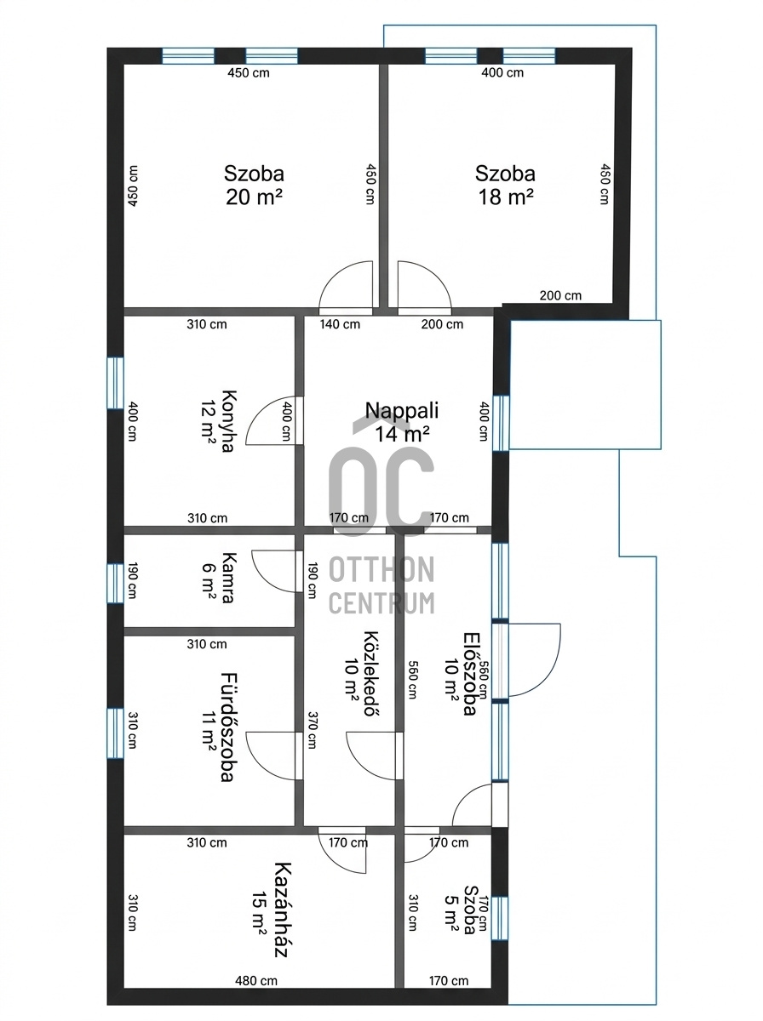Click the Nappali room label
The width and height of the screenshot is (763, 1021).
click(x=402, y=410)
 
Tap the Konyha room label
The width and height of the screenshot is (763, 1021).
click(x=228, y=421)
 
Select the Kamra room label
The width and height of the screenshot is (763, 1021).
click(x=228, y=578)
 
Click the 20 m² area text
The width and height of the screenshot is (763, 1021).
click(x=254, y=197)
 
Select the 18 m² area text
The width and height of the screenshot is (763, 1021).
click(x=506, y=197)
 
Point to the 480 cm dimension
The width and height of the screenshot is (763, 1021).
click(x=256, y=979)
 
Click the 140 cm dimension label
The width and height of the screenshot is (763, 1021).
click(x=340, y=324)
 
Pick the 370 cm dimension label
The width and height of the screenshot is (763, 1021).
click(x=312, y=730)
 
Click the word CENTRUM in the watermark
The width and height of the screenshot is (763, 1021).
click(x=381, y=603)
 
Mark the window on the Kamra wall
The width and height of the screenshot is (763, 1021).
click(x=116, y=584)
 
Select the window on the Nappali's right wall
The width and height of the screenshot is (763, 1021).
click(x=501, y=423)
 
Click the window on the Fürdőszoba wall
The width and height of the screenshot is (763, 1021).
click(x=116, y=733)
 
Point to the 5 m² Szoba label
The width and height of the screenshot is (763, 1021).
click(x=460, y=910)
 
